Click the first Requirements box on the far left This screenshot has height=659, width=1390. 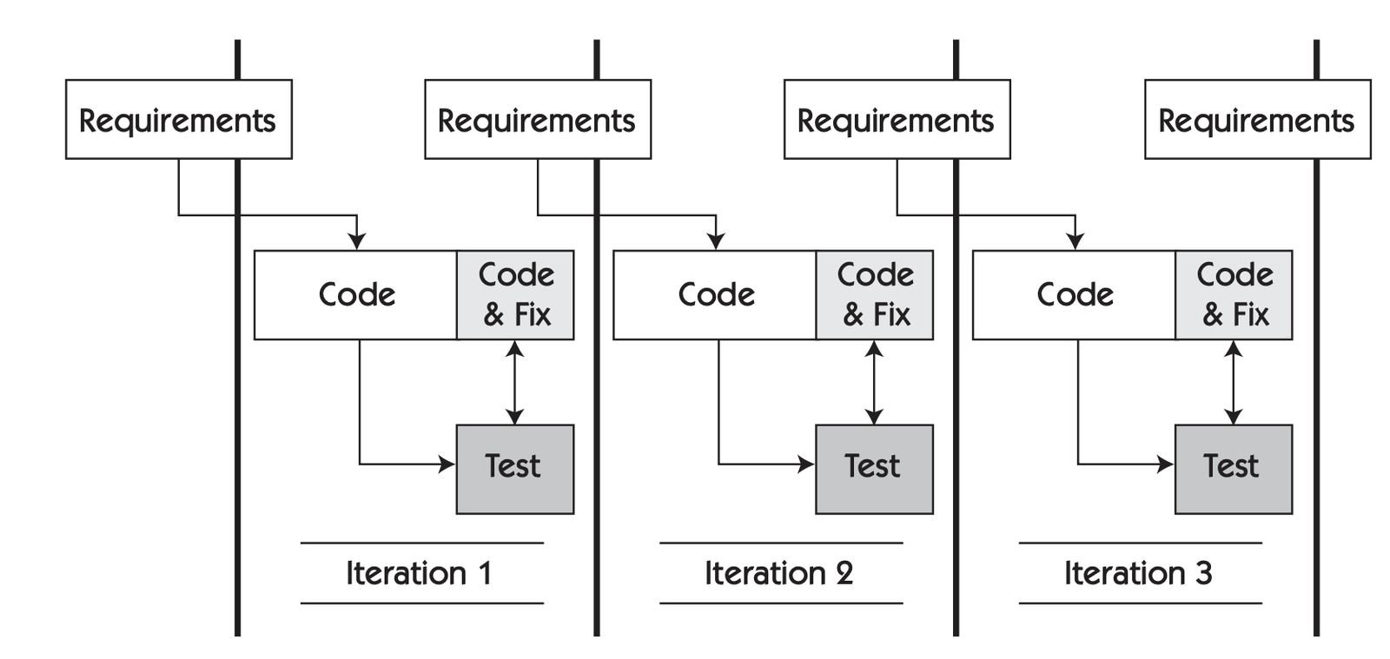pos(178,120)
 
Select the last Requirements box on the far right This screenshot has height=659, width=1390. pos(1256,120)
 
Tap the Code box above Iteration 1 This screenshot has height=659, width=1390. pos(355,295)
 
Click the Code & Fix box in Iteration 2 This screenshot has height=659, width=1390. pos(874,295)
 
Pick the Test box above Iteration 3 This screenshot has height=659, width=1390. pos(1233,469)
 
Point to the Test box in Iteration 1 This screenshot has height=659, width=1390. pos(514,469)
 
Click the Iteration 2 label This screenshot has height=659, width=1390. pos(779,573)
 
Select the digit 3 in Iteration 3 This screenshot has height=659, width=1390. pos(1203,573)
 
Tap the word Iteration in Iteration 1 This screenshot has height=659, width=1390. pos(406,573)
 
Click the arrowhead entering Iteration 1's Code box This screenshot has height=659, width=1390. pos(356,241)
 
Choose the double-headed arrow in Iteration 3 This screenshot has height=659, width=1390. pos(1233,382)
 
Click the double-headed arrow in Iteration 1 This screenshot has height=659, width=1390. pos(514,382)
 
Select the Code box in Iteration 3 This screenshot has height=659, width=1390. pos(1074,295)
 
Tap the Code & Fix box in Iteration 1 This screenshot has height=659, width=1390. pos(514,295)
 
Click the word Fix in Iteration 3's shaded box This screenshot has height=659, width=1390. pos(1251,314)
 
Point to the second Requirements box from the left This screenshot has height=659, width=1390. pos(537,120)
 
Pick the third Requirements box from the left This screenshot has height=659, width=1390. pos(897,120)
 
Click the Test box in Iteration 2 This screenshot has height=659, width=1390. pos(874,469)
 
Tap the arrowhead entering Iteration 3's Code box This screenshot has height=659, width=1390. pos(1075,241)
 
